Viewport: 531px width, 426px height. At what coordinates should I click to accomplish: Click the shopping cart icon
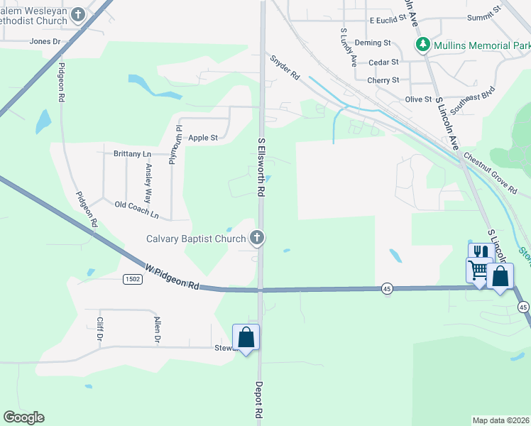pyautogui.click(x=478, y=270)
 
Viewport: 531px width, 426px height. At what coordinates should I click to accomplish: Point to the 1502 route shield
pyautogui.click(x=132, y=279)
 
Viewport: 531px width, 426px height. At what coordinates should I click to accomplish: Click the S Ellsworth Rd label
pyautogui.click(x=261, y=168)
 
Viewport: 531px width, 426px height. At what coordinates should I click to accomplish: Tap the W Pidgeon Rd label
pyautogui.click(x=172, y=277)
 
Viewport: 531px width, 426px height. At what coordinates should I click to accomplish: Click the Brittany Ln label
pyautogui.click(x=133, y=153)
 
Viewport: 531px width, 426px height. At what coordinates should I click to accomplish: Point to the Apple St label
pyautogui.click(x=203, y=138)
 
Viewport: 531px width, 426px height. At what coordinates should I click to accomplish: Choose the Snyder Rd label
pyautogui.click(x=285, y=67)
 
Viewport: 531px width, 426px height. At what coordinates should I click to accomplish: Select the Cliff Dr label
pyautogui.click(x=99, y=328)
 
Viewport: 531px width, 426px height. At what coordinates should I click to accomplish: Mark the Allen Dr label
pyautogui.click(x=158, y=329)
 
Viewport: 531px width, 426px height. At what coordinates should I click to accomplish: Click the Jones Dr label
pyautogui.click(x=45, y=42)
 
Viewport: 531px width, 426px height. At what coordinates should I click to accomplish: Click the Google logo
pyautogui.click(x=23, y=417)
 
